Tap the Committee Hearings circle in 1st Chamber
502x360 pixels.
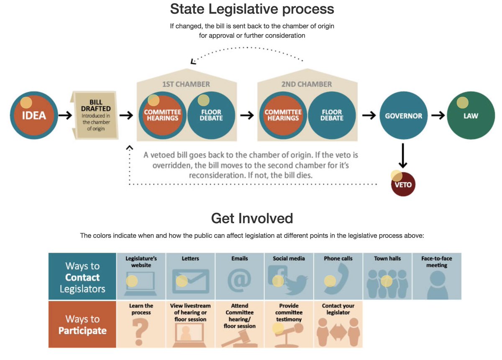pyautogui.click(x=162, y=115)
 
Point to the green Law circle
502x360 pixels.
pyautogui.click(x=471, y=115)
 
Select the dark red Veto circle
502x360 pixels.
pyautogui.click(x=403, y=184)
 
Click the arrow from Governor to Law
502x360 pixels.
pyautogui.click(x=438, y=115)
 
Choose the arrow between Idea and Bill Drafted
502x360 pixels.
pyautogui.click(x=65, y=115)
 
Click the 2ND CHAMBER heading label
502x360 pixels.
pyautogui.click(x=307, y=84)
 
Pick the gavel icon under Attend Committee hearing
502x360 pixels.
pyautogui.click(x=239, y=338)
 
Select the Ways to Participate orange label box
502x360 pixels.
pyautogui.click(x=82, y=324)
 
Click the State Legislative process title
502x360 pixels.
pyautogui.click(x=252, y=9)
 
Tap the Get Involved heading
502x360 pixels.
pyautogui.click(x=252, y=218)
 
